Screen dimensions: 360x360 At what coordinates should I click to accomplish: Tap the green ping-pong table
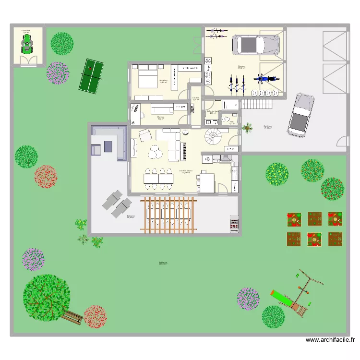[91, 75]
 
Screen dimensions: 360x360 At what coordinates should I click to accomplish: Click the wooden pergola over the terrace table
[168, 215]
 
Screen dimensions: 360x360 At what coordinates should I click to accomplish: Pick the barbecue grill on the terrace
[234, 224]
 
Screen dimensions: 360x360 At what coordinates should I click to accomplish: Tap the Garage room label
[241, 67]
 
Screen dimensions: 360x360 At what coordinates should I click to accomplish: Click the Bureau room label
[161, 117]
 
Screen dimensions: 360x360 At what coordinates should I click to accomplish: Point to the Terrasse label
[131, 216]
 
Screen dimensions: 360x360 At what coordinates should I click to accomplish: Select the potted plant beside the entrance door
[248, 128]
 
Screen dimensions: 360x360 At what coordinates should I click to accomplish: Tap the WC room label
[232, 122]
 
